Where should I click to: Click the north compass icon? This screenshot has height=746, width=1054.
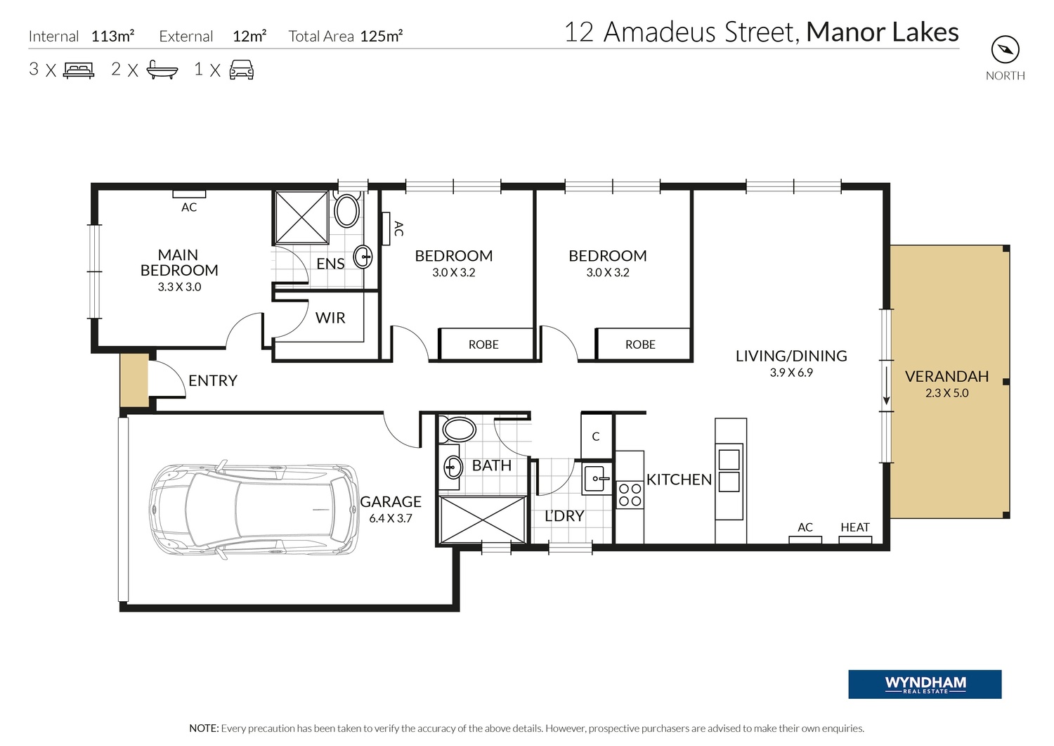point(1005,49)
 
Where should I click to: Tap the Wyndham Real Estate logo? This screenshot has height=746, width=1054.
point(925,684)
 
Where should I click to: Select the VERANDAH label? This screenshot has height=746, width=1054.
point(946,376)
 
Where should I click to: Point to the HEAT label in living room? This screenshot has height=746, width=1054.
point(855,527)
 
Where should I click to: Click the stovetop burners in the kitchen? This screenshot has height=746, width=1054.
point(630,494)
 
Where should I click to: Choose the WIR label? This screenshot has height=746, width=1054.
point(330,318)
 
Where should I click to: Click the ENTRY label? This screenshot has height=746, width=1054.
point(213,380)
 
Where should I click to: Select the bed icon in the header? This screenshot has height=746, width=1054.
point(79,70)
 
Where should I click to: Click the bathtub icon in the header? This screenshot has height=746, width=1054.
point(162,70)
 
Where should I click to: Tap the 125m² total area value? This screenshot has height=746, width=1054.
point(381,36)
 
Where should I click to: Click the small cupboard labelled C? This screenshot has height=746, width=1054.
point(596,436)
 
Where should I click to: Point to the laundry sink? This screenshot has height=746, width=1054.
point(597,479)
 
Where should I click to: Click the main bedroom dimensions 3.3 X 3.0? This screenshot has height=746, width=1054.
point(179,287)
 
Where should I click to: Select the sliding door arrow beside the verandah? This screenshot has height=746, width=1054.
point(887,386)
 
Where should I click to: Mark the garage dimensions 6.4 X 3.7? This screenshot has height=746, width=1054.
point(391,518)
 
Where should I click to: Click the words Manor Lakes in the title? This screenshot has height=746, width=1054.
point(883,32)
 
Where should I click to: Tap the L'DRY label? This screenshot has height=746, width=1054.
point(564,516)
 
